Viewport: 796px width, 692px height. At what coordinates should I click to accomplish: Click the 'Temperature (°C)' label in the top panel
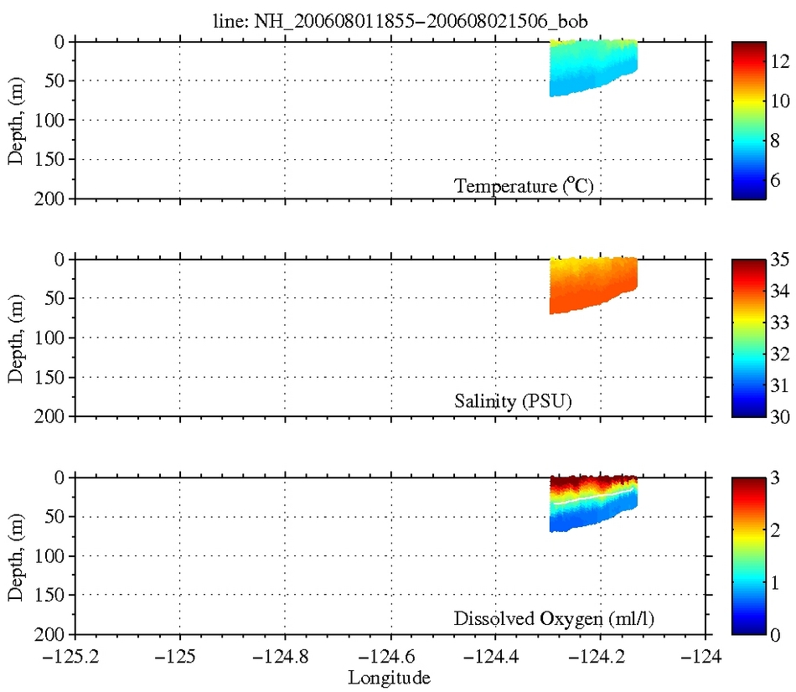[524, 186]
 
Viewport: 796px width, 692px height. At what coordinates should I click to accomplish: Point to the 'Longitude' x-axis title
[390, 677]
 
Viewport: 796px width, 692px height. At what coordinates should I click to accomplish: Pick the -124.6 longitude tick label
[390, 656]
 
